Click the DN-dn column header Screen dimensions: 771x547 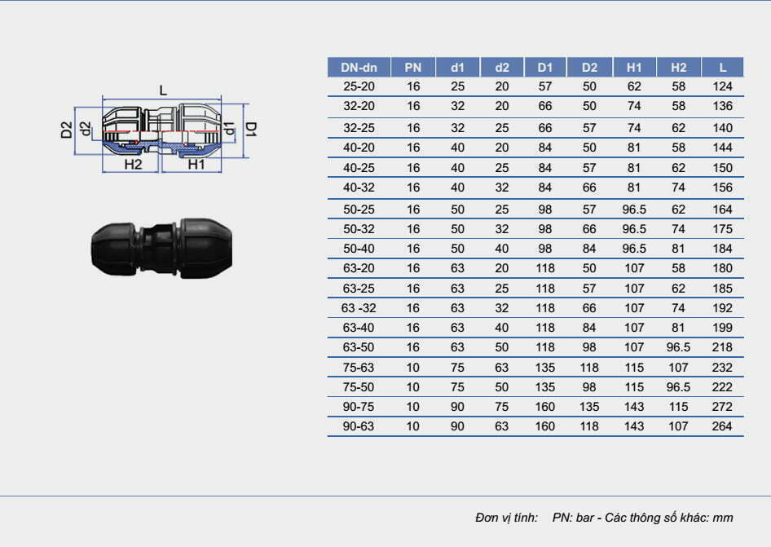click(359, 68)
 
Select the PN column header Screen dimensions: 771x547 click(413, 68)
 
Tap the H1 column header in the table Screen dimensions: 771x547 click(634, 68)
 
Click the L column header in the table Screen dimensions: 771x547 click(722, 68)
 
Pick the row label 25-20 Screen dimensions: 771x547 click(359, 86)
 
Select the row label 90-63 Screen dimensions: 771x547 click(359, 426)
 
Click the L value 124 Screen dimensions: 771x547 click(722, 86)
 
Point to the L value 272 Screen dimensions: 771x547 click(722, 407)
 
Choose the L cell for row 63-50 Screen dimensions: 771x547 click(722, 347)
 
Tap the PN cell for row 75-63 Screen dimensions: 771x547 click(413, 368)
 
